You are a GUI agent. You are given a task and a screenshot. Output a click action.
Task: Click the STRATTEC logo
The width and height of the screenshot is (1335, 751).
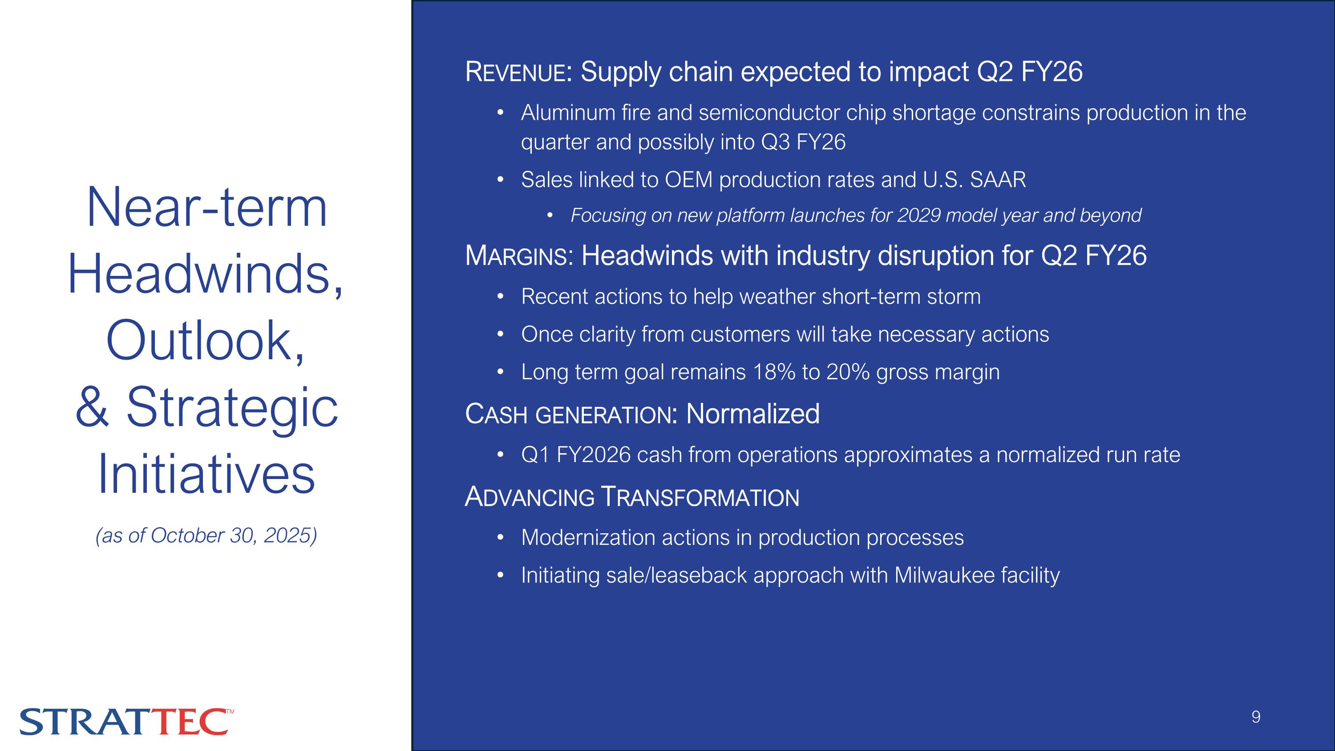point(126,722)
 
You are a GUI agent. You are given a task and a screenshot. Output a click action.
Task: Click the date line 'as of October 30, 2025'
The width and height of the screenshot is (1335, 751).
point(206,536)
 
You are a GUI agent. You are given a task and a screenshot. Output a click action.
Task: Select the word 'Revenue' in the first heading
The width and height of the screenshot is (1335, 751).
point(516,72)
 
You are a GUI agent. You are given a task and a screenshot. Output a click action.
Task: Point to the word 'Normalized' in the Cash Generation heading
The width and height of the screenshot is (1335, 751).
point(752,414)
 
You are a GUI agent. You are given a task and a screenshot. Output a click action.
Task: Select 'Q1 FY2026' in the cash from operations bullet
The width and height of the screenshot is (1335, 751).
point(576,455)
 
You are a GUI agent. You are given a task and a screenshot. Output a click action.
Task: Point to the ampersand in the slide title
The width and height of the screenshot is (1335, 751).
point(92,408)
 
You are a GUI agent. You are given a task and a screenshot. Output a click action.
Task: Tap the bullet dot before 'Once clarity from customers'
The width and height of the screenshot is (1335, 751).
point(500,335)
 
